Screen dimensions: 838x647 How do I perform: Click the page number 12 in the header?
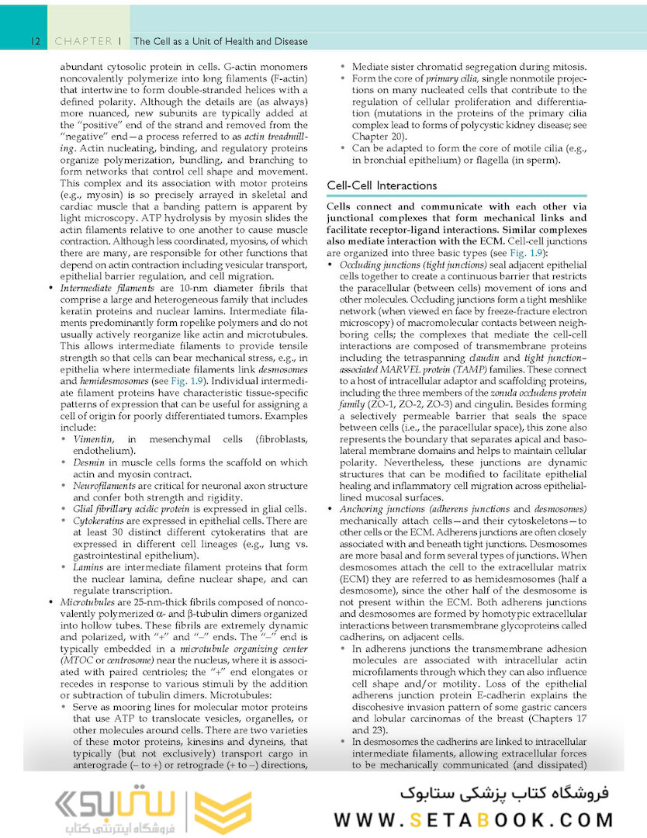tap(35, 41)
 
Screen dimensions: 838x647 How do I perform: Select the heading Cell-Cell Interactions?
tap(382, 185)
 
